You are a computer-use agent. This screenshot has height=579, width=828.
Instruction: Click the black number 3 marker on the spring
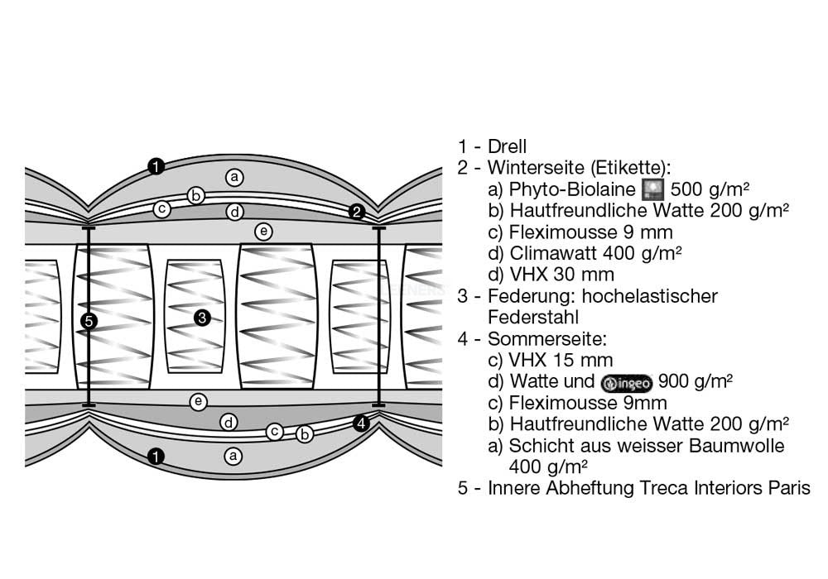202,318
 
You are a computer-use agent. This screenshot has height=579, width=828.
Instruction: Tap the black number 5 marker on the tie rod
89,321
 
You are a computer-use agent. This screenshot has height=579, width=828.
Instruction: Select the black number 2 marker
357,212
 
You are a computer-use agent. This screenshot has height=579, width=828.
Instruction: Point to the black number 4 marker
361,423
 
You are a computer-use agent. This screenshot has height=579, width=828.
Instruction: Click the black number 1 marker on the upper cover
156,166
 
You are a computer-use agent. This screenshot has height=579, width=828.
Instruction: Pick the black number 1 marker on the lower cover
156,456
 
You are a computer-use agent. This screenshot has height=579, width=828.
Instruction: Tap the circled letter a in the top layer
234,177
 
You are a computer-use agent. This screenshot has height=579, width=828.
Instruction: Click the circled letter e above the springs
263,231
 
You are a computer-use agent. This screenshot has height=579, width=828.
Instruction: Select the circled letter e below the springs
198,402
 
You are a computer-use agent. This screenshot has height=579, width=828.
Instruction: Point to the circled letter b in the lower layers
305,434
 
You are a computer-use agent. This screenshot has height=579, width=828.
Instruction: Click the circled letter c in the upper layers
162,209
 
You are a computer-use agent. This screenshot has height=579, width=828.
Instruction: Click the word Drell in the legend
507,146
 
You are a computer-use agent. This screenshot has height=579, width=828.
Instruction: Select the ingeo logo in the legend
626,382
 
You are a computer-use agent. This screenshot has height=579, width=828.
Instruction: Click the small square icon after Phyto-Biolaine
653,189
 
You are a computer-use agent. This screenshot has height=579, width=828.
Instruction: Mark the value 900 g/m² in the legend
696,380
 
